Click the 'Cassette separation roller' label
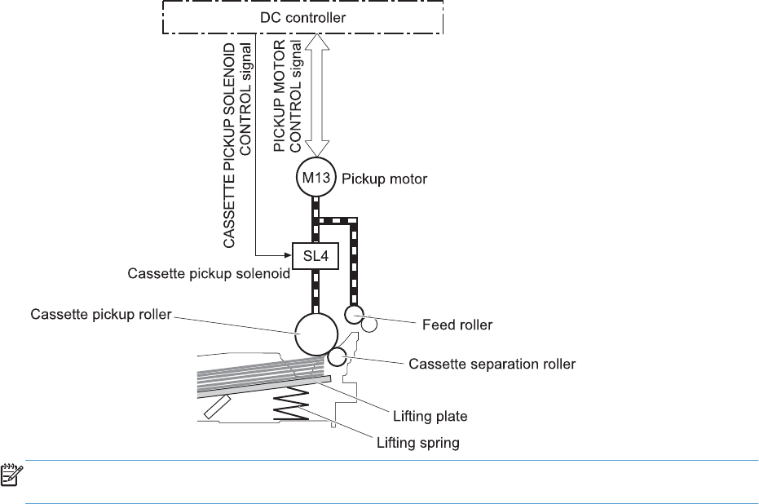click(492, 364)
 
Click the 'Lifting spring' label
click(417, 444)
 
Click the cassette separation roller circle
click(338, 357)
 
